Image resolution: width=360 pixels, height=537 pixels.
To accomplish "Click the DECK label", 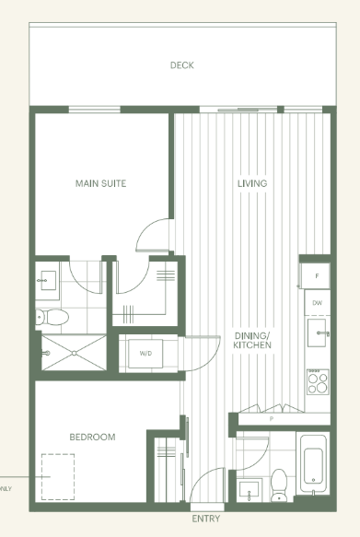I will (x=181, y=65).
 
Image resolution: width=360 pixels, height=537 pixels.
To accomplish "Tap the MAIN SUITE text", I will (x=100, y=183).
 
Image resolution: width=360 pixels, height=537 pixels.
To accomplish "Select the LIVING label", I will (x=251, y=183).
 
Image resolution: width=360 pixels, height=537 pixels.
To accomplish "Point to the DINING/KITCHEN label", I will (x=252, y=339).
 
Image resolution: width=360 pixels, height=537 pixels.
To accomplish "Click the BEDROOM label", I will (x=93, y=437).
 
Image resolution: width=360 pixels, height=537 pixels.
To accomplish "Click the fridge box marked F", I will (x=317, y=275).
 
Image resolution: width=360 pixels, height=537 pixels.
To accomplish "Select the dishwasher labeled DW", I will (x=317, y=302).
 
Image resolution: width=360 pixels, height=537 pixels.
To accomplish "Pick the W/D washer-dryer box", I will (x=145, y=354).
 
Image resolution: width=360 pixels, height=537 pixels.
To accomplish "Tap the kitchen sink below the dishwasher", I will (x=319, y=333).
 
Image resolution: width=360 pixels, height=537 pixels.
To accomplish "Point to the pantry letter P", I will (x=271, y=418).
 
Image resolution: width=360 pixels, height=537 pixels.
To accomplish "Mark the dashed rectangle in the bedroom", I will (x=58, y=476).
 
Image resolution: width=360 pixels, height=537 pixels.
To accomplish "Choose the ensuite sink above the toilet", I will (x=47, y=278).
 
